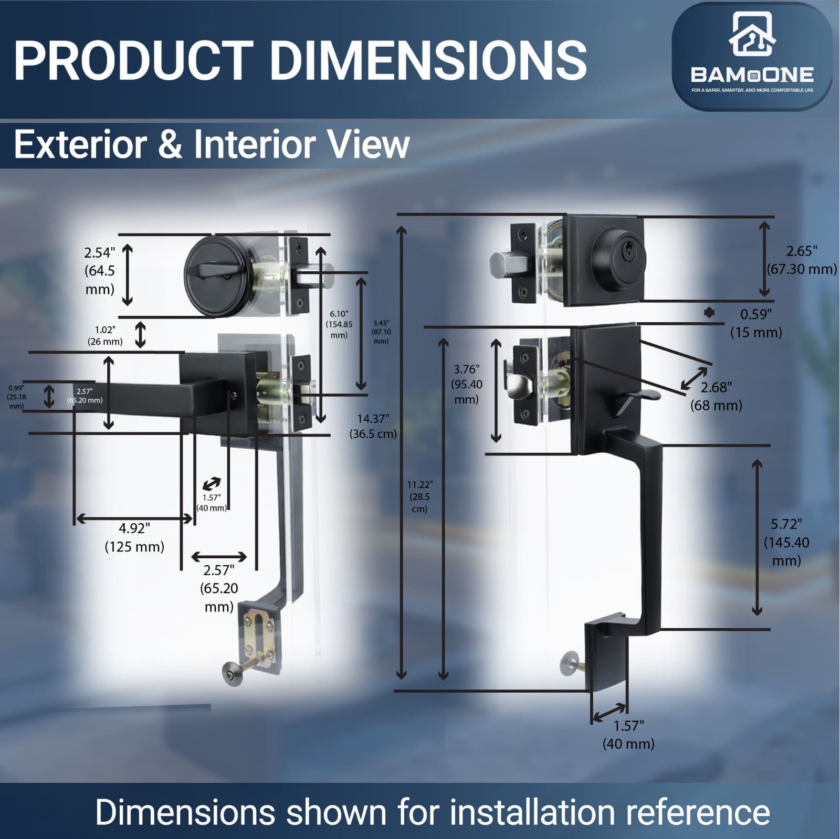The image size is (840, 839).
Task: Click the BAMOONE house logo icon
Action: click(752, 34)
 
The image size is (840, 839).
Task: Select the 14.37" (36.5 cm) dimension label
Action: click(373, 426)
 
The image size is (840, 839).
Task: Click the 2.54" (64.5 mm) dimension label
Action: click(100, 271)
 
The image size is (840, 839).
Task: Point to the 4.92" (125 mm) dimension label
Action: click(134, 537)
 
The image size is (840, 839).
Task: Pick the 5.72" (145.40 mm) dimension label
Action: click(786, 542)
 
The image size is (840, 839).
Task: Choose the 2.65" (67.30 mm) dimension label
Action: click(802, 260)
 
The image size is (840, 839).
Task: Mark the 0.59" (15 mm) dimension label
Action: click(756, 323)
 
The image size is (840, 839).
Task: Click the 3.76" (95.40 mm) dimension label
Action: click(467, 384)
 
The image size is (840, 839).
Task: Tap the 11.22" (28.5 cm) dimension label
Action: click(419, 496)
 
